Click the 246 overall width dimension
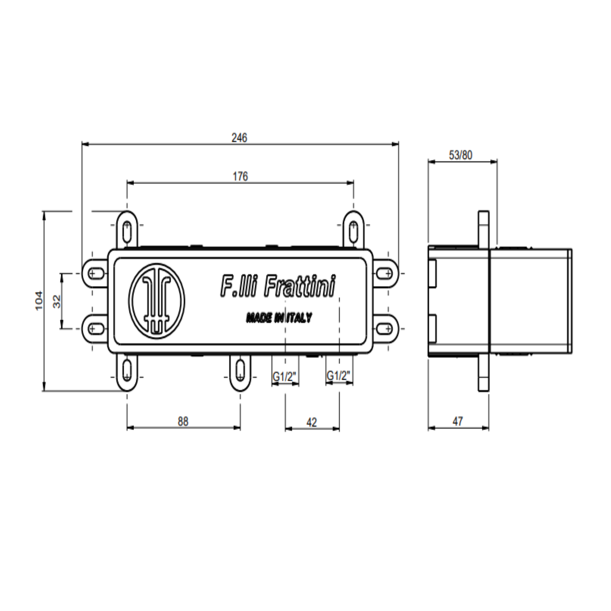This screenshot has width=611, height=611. click(x=239, y=138)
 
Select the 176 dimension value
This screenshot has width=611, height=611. click(x=240, y=176)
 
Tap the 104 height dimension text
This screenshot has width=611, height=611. click(x=39, y=301)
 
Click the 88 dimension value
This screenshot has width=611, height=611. click(x=183, y=421)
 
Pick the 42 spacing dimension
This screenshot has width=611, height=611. click(x=311, y=422)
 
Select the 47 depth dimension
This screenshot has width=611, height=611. click(x=458, y=421)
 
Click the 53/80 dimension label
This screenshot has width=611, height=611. click(x=460, y=155)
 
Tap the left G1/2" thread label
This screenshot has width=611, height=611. click(x=285, y=377)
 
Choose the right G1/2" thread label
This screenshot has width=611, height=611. click(x=338, y=376)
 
